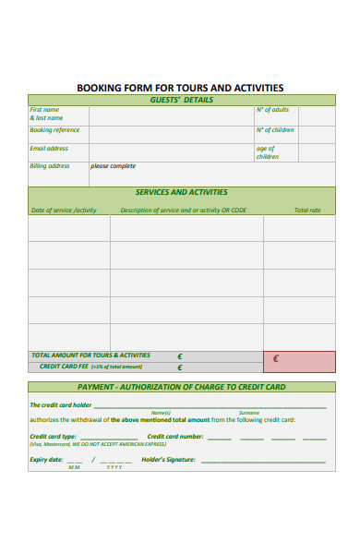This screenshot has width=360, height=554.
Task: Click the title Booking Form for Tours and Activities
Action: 180,88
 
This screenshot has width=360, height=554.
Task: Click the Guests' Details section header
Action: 181,100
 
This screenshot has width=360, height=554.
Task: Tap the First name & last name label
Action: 45,114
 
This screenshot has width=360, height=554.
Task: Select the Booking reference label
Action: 54,130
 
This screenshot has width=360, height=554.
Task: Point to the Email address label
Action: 49,148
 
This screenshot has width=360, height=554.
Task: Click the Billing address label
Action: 50,166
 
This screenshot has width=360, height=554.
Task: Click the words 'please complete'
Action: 113,166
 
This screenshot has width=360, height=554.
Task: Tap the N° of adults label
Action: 272,110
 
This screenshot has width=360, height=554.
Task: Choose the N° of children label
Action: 275,130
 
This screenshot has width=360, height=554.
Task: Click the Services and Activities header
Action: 181,192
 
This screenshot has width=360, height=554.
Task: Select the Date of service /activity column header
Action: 64,211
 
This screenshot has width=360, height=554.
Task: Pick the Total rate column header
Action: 307,211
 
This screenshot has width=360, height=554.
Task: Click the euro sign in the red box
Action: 276,359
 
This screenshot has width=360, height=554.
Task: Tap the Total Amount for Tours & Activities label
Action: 90,355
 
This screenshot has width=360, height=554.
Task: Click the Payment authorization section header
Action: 181,387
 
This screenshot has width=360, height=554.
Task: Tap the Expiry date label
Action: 46,459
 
